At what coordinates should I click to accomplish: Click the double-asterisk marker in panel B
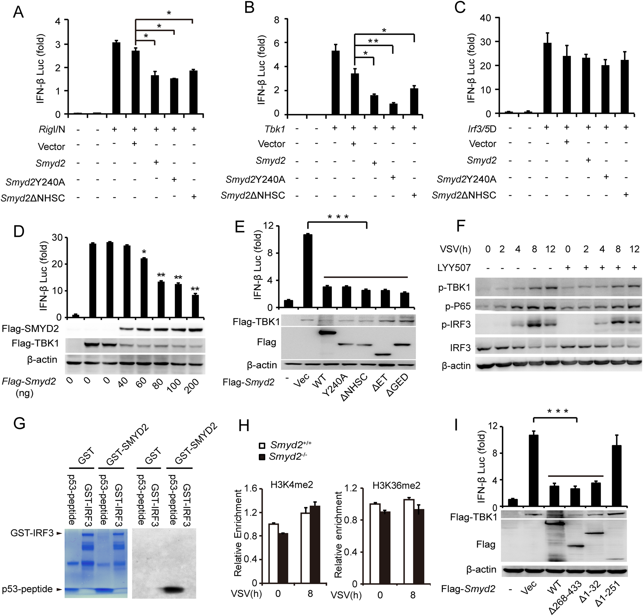click(x=373, y=41)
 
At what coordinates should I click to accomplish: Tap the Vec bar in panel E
click(x=307, y=270)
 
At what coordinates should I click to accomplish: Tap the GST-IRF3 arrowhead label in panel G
click(x=36, y=533)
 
